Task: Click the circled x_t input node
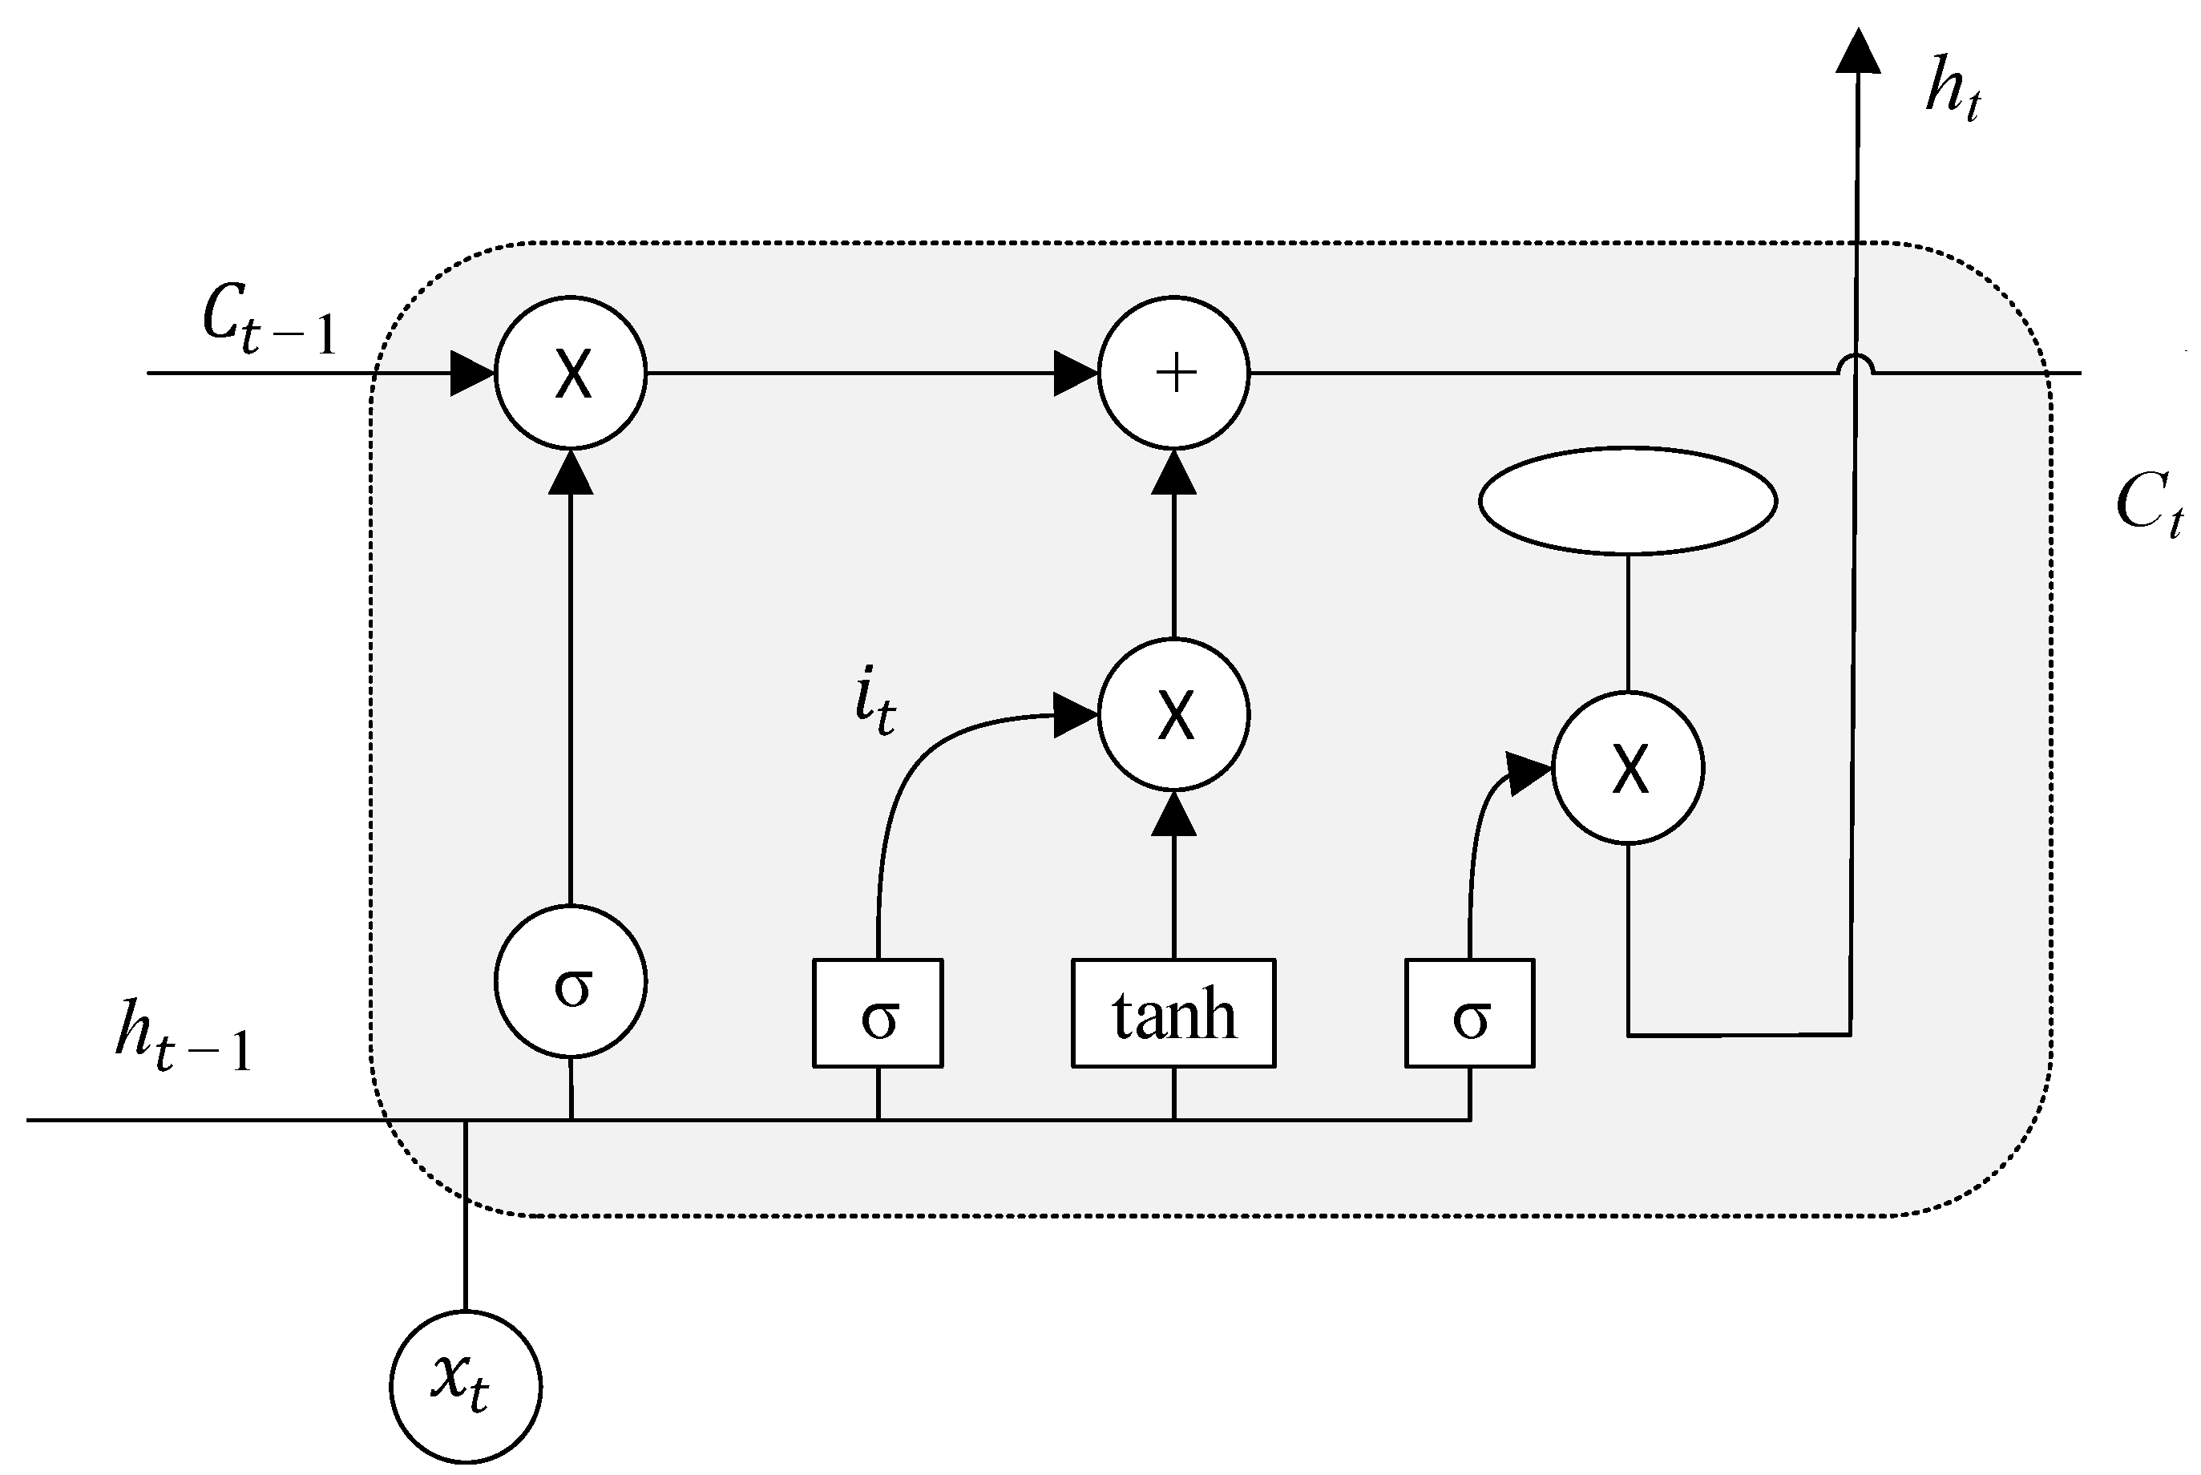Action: pos(466,1387)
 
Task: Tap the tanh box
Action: pos(1174,1014)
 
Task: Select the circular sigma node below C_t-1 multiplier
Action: pos(571,981)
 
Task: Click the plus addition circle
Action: pos(1174,373)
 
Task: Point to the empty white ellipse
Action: pos(1627,500)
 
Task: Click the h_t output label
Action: pos(1953,88)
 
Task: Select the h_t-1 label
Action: pos(184,1036)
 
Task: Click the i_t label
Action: pos(874,701)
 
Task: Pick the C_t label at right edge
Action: pos(2148,504)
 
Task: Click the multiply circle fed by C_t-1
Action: pos(571,373)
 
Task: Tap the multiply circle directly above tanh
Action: pos(1174,714)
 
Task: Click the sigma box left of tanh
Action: pos(878,1014)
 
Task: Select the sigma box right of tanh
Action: pos(1470,1014)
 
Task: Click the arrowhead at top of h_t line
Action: pos(1858,52)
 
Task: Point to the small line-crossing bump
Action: pos(1855,364)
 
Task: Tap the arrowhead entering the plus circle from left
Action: pos(1075,374)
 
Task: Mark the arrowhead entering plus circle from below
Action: pos(1174,473)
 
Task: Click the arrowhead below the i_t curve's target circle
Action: pos(1174,814)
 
